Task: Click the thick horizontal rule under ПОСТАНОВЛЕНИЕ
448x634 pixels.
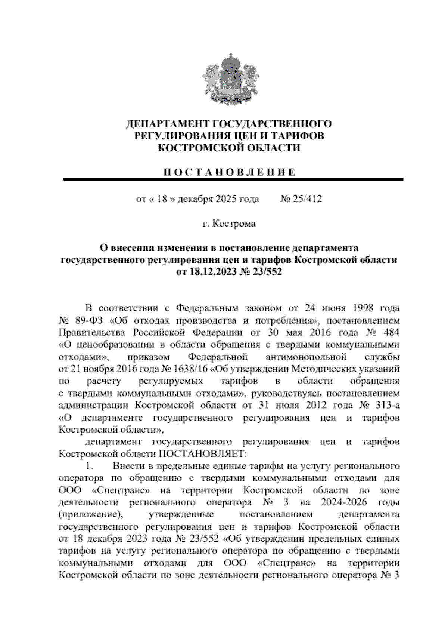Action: click(233, 179)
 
